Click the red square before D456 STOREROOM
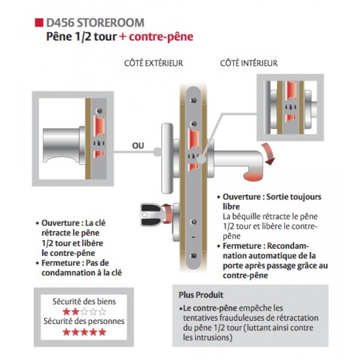(38, 23)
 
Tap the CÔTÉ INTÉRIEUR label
(249, 64)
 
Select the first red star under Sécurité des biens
(66, 311)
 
